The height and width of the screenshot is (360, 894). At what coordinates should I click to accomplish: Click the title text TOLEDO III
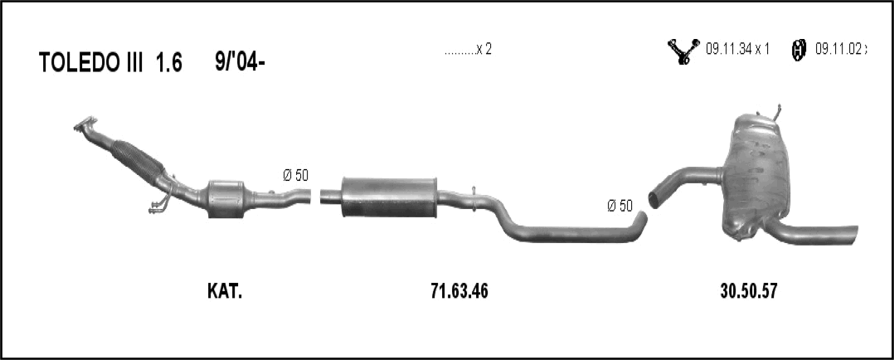90,63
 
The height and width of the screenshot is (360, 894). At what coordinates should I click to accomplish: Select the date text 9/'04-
240,62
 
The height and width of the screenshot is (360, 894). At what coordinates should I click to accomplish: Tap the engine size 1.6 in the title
169,63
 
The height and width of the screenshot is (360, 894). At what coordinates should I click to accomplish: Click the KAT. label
225,291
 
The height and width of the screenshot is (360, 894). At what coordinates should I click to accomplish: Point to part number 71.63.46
459,291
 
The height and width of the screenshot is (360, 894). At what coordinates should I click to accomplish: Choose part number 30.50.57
749,291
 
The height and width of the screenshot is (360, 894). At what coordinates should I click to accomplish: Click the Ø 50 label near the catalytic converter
295,176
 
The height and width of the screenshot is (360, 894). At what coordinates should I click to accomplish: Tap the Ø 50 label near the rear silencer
619,206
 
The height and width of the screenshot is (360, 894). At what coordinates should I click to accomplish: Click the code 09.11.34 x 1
738,49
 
